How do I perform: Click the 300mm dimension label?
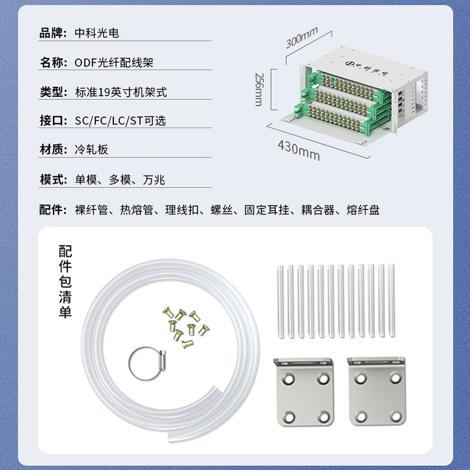click(x=301, y=38)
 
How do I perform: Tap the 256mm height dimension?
click(x=259, y=89)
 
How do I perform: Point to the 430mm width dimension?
click(x=299, y=150)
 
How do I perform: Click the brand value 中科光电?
click(x=97, y=33)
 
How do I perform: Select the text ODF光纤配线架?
click(x=114, y=63)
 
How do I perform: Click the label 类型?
click(x=53, y=92)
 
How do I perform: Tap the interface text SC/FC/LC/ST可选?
click(x=120, y=120)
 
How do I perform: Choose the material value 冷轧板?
click(x=91, y=149)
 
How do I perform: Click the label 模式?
click(x=53, y=180)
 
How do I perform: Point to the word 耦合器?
click(x=318, y=210)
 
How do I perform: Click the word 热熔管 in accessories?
click(x=137, y=210)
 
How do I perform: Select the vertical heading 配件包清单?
click(x=65, y=281)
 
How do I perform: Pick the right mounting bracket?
click(x=377, y=391)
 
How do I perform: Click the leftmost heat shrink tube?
click(x=281, y=301)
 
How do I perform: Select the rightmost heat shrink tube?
click(x=391, y=300)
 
